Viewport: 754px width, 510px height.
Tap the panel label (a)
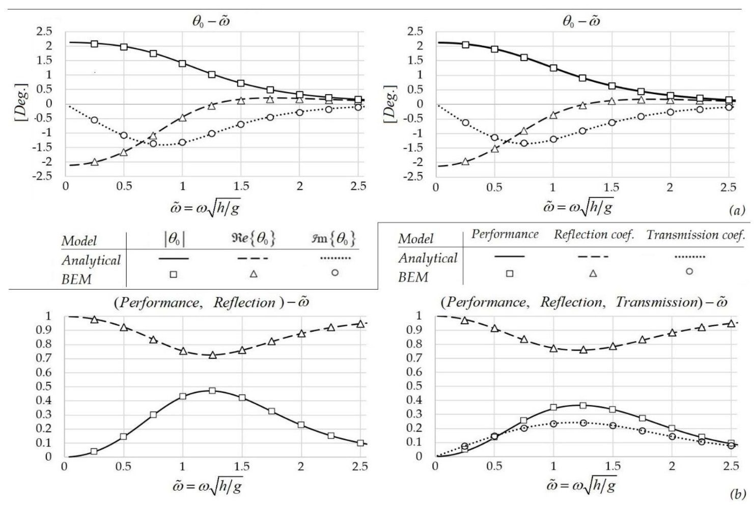[x=736, y=210]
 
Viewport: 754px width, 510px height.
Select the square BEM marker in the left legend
[x=174, y=274]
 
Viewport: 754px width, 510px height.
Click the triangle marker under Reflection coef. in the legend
[x=593, y=273]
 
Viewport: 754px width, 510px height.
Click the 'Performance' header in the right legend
[x=505, y=234]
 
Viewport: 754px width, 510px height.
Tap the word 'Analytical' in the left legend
[x=91, y=260]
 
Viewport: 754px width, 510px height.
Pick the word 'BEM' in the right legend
[x=413, y=277]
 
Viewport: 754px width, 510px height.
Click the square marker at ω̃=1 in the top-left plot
[x=182, y=64]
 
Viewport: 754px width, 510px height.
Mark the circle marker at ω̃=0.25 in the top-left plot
[x=94, y=120]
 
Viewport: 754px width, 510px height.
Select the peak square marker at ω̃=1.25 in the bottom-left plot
[x=212, y=391]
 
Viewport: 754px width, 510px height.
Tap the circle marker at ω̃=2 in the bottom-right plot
[x=672, y=436]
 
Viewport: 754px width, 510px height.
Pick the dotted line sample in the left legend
[x=335, y=259]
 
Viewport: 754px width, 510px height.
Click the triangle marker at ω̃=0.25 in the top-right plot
[x=465, y=161]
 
